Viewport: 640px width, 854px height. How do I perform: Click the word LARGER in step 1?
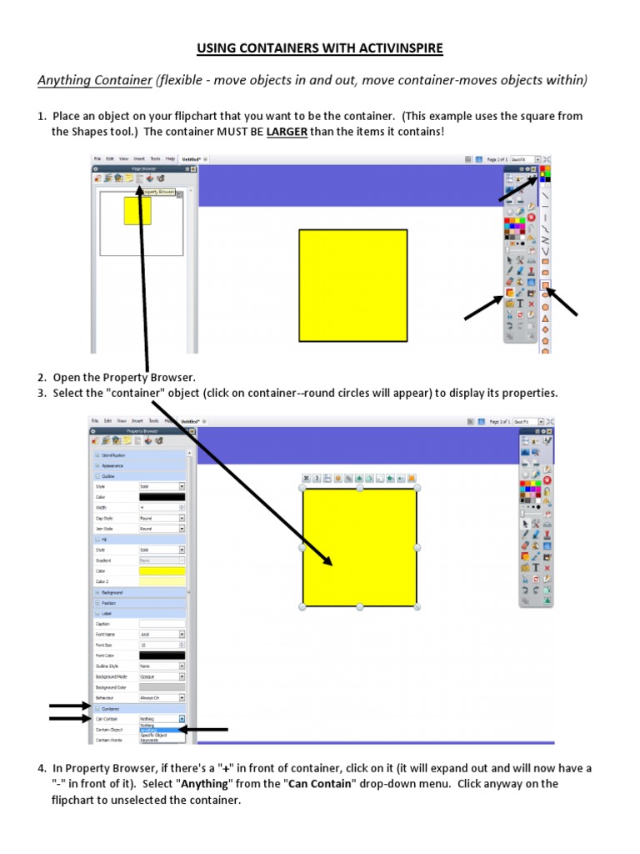tap(287, 132)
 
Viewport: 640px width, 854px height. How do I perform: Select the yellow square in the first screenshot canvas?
tap(353, 285)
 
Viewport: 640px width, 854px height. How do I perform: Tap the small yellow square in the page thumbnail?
tap(137, 210)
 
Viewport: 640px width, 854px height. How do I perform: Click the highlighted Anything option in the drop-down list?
tap(151, 730)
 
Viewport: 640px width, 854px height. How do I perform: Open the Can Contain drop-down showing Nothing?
tap(162, 718)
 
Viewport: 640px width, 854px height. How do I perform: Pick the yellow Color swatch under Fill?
tap(162, 571)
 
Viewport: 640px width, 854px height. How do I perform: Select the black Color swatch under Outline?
tap(162, 496)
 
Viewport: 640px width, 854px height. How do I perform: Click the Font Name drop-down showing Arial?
tap(162, 635)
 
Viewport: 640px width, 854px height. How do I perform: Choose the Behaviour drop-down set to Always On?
tap(162, 697)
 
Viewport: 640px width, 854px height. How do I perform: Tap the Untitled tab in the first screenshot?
tap(192, 158)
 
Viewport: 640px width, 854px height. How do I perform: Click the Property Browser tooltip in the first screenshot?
tap(160, 192)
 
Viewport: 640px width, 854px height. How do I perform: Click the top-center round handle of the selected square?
tap(360, 488)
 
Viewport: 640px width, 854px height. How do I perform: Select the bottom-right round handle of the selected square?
tap(417, 606)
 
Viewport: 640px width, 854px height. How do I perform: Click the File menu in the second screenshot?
tap(97, 421)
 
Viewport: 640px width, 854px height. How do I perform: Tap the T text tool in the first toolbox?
tap(520, 304)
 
